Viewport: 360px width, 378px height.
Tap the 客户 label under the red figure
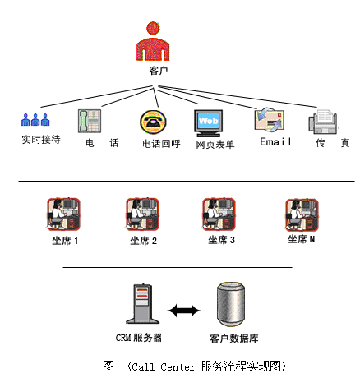[159, 71]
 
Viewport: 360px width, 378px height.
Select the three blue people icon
[35, 120]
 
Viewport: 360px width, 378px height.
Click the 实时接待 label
[41, 140]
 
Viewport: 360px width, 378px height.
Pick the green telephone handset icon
[90, 121]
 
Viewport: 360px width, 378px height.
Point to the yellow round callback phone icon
[153, 122]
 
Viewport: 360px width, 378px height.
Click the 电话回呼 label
[161, 144]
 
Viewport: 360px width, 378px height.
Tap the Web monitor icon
[208, 123]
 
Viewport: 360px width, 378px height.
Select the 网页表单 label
[215, 145]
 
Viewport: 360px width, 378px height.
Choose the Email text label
[275, 141]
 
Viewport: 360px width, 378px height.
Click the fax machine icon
[323, 122]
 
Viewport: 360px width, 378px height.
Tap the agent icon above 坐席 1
[63, 214]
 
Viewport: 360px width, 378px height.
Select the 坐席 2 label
[143, 241]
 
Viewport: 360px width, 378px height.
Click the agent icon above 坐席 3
[219, 214]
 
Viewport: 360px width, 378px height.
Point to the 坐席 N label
[301, 239]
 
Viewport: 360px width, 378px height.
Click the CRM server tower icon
[142, 304]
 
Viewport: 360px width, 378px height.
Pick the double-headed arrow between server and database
[184, 311]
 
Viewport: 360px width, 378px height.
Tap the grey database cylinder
[231, 304]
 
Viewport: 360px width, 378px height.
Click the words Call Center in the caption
[164, 366]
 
